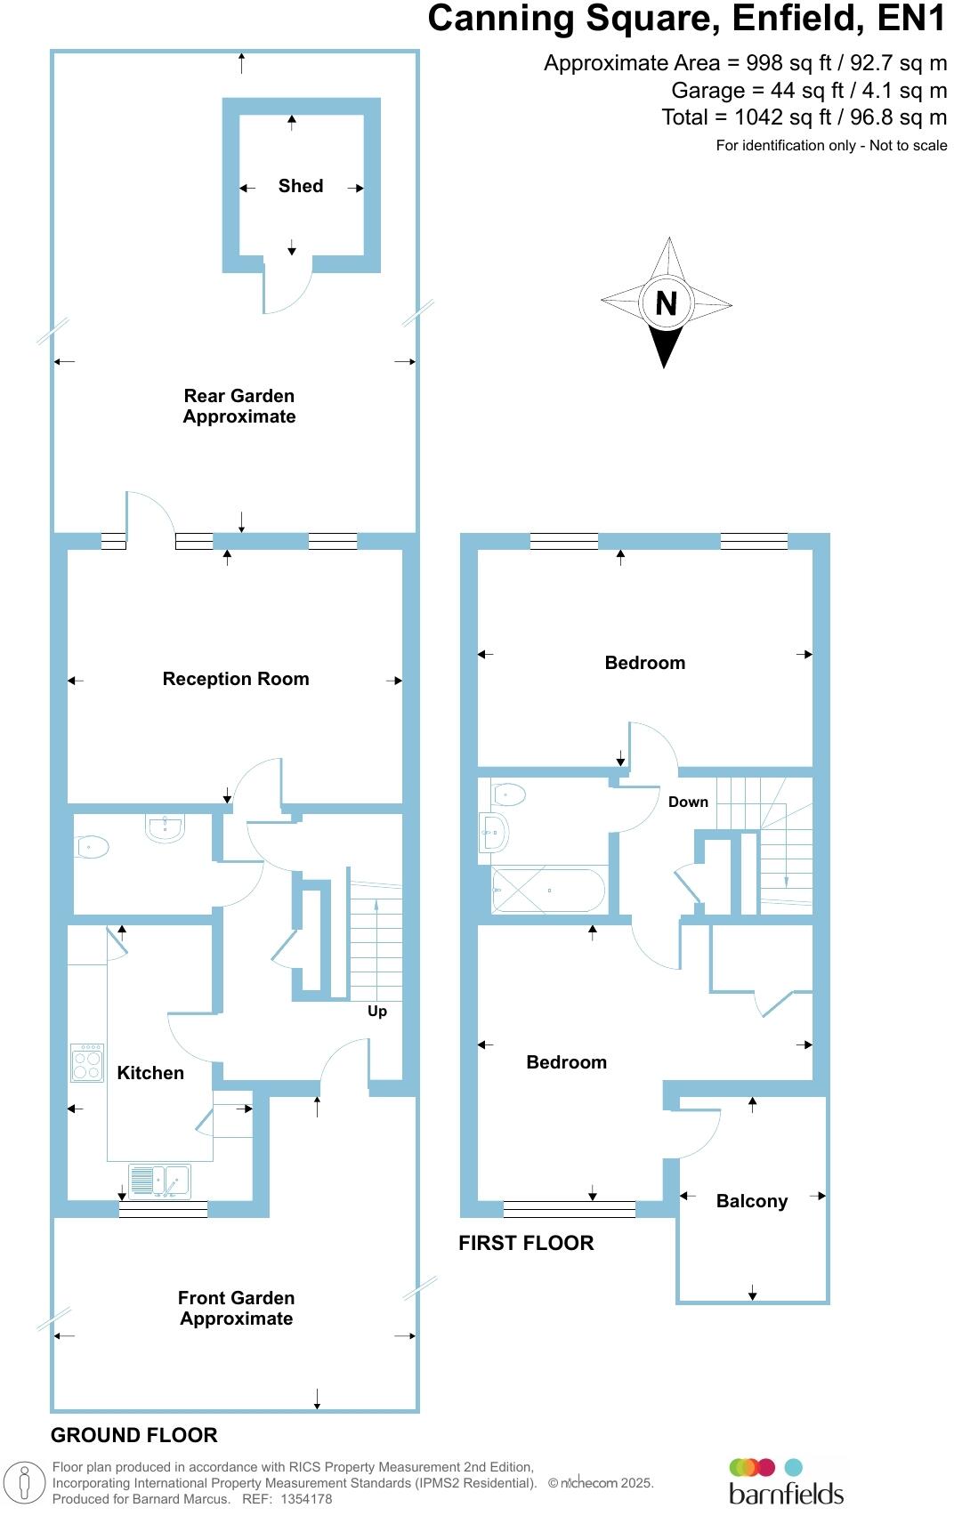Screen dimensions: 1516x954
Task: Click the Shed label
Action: [x=300, y=186]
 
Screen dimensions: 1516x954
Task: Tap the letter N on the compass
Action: [x=666, y=303]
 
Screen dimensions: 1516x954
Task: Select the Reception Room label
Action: [x=236, y=679]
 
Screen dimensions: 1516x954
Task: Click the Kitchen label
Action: [x=150, y=1073]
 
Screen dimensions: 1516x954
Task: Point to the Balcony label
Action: [x=752, y=1201]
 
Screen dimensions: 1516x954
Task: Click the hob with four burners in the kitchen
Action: [x=87, y=1062]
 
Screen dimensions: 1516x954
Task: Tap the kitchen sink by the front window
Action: [x=160, y=1181]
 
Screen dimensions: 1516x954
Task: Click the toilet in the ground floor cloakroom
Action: [x=92, y=846]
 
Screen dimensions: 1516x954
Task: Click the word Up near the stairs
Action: [x=377, y=1012]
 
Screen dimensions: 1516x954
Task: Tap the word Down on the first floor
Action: [x=688, y=802]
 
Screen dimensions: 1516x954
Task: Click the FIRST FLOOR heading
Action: [x=526, y=1243]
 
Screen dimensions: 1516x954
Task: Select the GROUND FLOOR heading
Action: [x=133, y=1435]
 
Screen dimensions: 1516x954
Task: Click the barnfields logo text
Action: [x=786, y=1492]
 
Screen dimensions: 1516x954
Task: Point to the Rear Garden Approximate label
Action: [x=238, y=406]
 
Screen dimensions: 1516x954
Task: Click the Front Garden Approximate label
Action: [x=236, y=1308]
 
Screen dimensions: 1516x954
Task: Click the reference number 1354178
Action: [x=306, y=1499]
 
